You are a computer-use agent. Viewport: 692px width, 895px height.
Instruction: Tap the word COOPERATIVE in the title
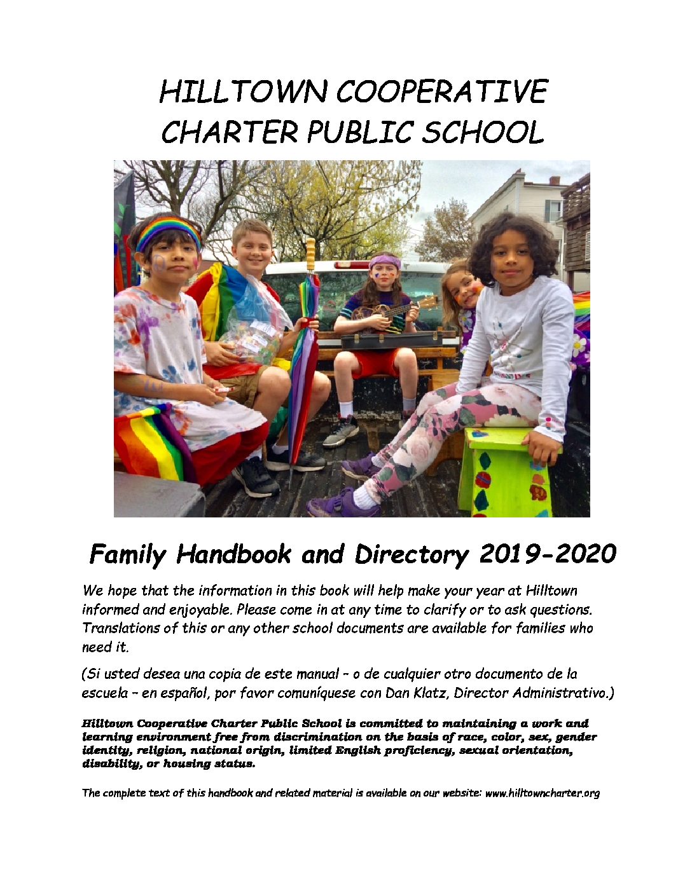tap(441, 92)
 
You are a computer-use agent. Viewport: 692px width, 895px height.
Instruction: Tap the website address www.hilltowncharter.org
tap(542, 793)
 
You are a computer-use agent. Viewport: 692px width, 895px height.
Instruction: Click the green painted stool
tap(502, 470)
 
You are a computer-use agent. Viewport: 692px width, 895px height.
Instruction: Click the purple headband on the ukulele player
tap(385, 260)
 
